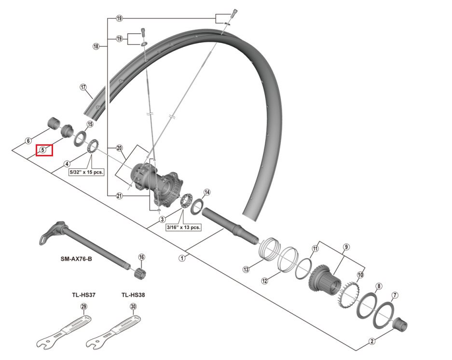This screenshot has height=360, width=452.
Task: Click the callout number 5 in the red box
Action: point(42,150)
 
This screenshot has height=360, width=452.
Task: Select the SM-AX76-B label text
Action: point(76,259)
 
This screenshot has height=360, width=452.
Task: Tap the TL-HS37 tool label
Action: point(83,295)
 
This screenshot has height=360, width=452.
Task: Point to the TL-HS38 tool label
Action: point(133,295)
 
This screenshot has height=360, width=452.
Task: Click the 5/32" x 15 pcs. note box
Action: point(86,172)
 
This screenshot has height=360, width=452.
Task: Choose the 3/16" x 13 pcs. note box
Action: point(183,227)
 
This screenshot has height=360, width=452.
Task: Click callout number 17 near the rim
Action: point(83,87)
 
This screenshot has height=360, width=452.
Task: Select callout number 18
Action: point(96,46)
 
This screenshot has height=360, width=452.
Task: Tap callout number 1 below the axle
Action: point(182,258)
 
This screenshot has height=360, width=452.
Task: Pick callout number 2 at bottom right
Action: point(372,341)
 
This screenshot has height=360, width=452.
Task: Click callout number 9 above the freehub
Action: point(346,247)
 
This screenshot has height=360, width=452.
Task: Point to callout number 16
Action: point(141,257)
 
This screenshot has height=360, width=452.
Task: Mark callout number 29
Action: point(83,306)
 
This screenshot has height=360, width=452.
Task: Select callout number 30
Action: point(133,306)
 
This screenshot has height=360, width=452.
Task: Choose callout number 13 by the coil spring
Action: point(246,269)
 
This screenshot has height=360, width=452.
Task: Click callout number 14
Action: point(206,192)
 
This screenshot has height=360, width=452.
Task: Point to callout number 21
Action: point(119,196)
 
